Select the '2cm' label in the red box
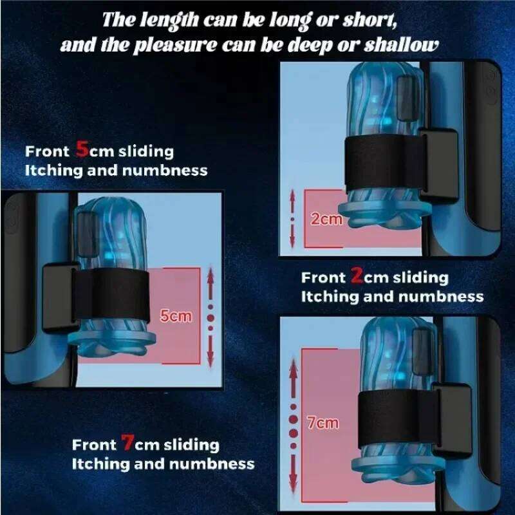(x=326, y=219)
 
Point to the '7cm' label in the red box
(x=323, y=422)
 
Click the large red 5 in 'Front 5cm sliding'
(x=83, y=150)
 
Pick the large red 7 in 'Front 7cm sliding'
(x=128, y=444)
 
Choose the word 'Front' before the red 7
(x=94, y=445)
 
